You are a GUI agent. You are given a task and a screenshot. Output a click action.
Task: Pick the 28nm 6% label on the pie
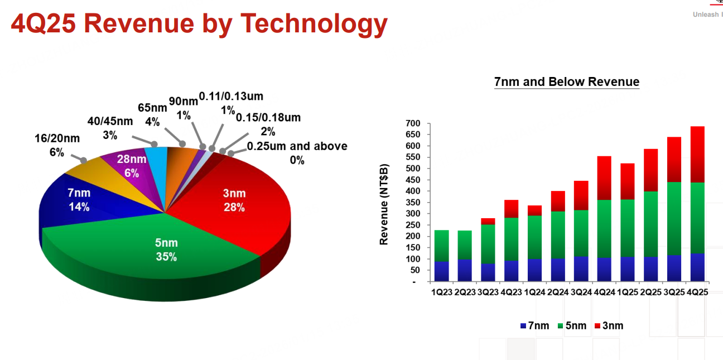pyautogui.click(x=132, y=166)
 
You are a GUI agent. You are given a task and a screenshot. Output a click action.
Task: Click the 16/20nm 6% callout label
pyautogui.click(x=57, y=145)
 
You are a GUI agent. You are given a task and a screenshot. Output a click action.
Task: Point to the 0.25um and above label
pyautogui.click(x=297, y=153)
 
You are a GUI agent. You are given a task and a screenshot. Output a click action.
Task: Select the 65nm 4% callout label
pyautogui.click(x=152, y=114)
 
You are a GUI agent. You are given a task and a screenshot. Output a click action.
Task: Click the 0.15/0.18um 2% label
pyautogui.click(x=268, y=124)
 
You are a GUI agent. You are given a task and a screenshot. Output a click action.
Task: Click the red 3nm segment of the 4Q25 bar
pyautogui.click(x=697, y=155)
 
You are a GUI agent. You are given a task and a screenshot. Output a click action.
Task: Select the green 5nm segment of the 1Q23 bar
pyautogui.click(x=441, y=246)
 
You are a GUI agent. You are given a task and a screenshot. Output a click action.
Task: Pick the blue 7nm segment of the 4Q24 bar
pyautogui.click(x=604, y=269)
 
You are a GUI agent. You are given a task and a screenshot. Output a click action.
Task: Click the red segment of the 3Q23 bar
pyautogui.click(x=488, y=221)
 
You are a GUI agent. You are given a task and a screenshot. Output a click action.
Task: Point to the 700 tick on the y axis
pyautogui.click(x=413, y=123)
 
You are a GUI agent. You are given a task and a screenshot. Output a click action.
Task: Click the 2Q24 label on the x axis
pyautogui.click(x=558, y=292)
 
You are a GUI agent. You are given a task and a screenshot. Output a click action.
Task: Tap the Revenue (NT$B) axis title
pyautogui.click(x=384, y=204)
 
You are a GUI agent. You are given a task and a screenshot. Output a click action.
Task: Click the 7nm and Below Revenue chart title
pyautogui.click(x=567, y=81)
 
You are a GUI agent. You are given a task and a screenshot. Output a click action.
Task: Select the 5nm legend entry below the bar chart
pyautogui.click(x=572, y=326)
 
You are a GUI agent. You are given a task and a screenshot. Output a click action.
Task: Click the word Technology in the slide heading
pyautogui.click(x=314, y=24)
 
